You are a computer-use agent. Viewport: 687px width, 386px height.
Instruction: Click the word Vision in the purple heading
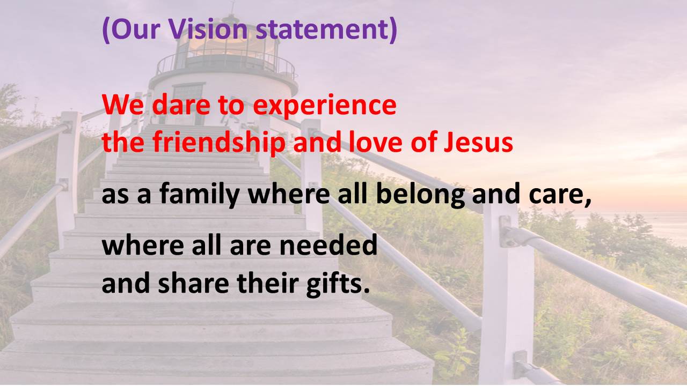tap(208, 28)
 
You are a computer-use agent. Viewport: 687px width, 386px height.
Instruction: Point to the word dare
tap(181, 105)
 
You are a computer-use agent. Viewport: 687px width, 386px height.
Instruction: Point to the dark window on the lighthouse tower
tap(188, 94)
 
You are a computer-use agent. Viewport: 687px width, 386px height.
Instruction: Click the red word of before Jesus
tap(423, 142)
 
